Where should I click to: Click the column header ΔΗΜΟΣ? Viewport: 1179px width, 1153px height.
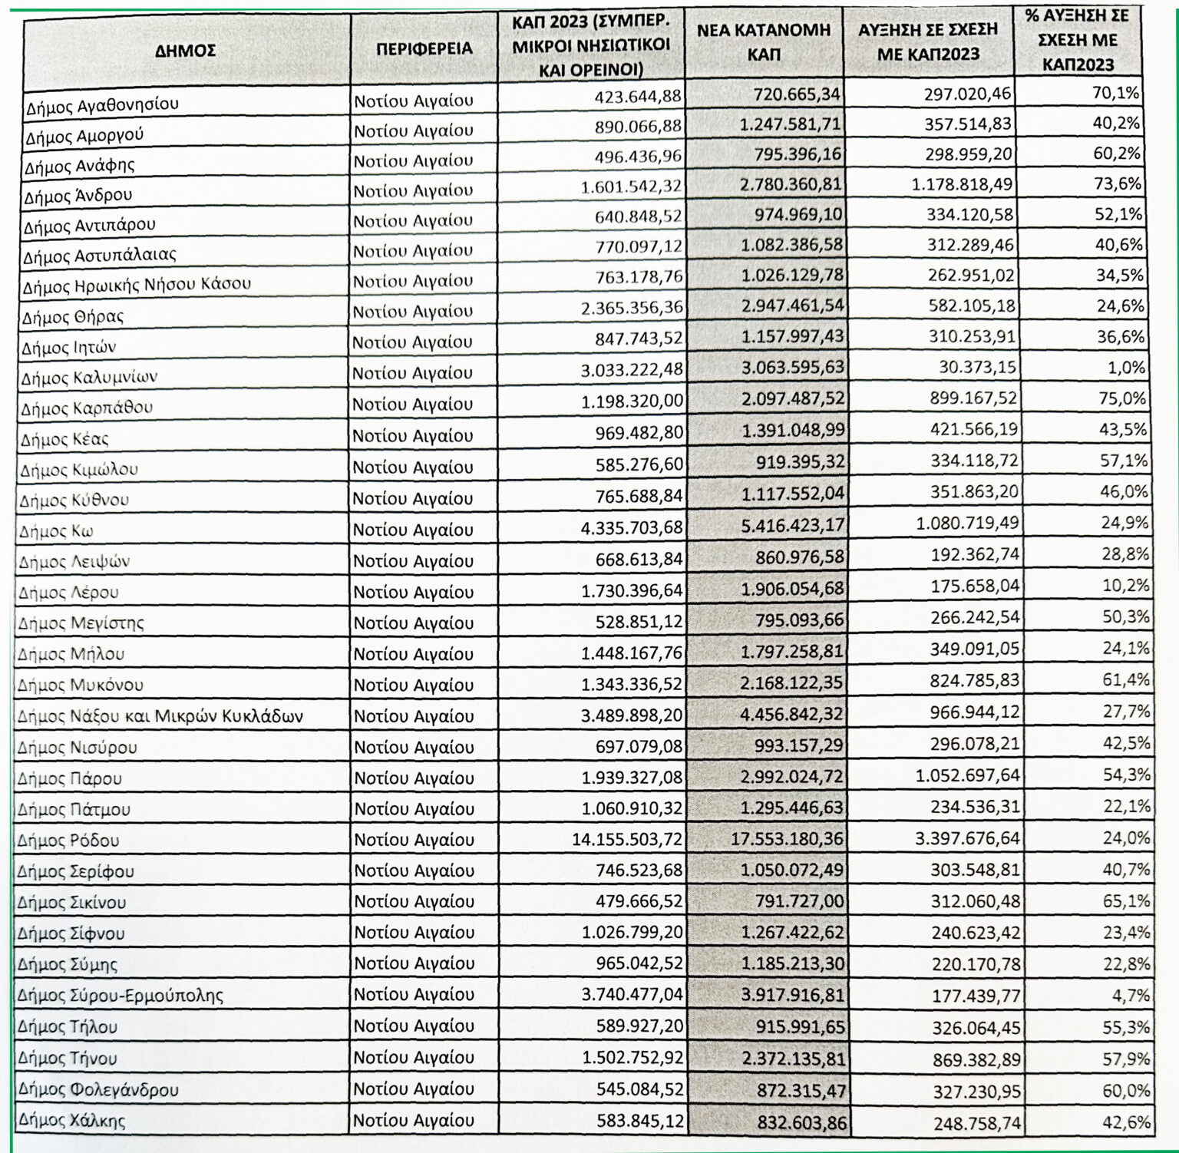click(185, 51)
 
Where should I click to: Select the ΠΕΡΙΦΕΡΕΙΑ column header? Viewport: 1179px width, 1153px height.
click(424, 49)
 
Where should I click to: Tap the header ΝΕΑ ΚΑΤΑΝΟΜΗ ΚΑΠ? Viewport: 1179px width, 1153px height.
click(764, 42)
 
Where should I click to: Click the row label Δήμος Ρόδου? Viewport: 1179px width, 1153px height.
click(68, 841)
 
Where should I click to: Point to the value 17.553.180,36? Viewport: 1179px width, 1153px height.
click(787, 838)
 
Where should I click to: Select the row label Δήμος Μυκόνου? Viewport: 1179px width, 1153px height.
click(81, 685)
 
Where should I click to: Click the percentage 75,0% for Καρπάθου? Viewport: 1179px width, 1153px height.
click(1122, 398)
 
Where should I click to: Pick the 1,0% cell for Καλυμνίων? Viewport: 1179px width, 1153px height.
click(1126, 368)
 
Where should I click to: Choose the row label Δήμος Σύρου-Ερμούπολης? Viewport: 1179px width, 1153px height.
click(121, 996)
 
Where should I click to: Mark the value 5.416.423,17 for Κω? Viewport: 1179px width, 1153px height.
click(793, 525)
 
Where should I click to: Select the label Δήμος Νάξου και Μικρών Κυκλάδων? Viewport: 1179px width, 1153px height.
click(160, 716)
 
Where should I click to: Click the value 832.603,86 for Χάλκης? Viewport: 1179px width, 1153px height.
click(802, 1122)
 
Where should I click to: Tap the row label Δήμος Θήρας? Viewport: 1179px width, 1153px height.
click(73, 316)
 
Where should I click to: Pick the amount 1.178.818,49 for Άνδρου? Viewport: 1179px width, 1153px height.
click(963, 184)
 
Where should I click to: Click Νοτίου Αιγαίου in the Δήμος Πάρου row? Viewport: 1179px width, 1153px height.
click(414, 778)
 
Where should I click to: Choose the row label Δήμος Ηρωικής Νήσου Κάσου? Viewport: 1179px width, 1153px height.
click(137, 284)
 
